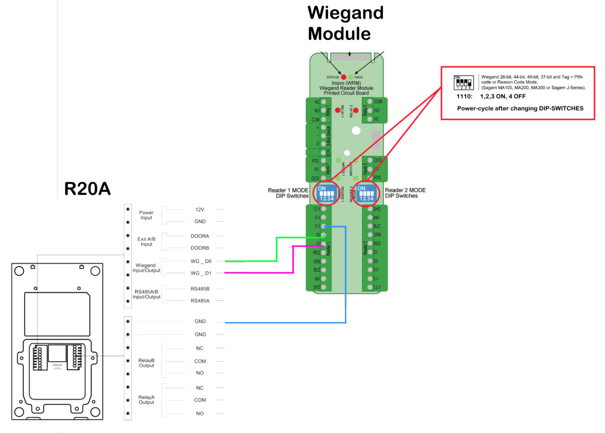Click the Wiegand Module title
[345, 23]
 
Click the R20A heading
[87, 189]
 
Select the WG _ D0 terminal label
[201, 261]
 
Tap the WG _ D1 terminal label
[201, 273]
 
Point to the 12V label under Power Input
[200, 209]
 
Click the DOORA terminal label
[200, 236]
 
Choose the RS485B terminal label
[200, 289]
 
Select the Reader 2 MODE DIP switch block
[366, 194]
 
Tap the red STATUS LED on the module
[343, 77]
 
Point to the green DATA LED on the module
[351, 77]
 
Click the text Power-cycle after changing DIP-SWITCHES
[520, 108]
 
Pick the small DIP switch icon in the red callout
[463, 82]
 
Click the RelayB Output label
[147, 363]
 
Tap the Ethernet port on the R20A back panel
[58, 353]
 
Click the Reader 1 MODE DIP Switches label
[288, 193]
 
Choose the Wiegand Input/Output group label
[146, 268]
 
